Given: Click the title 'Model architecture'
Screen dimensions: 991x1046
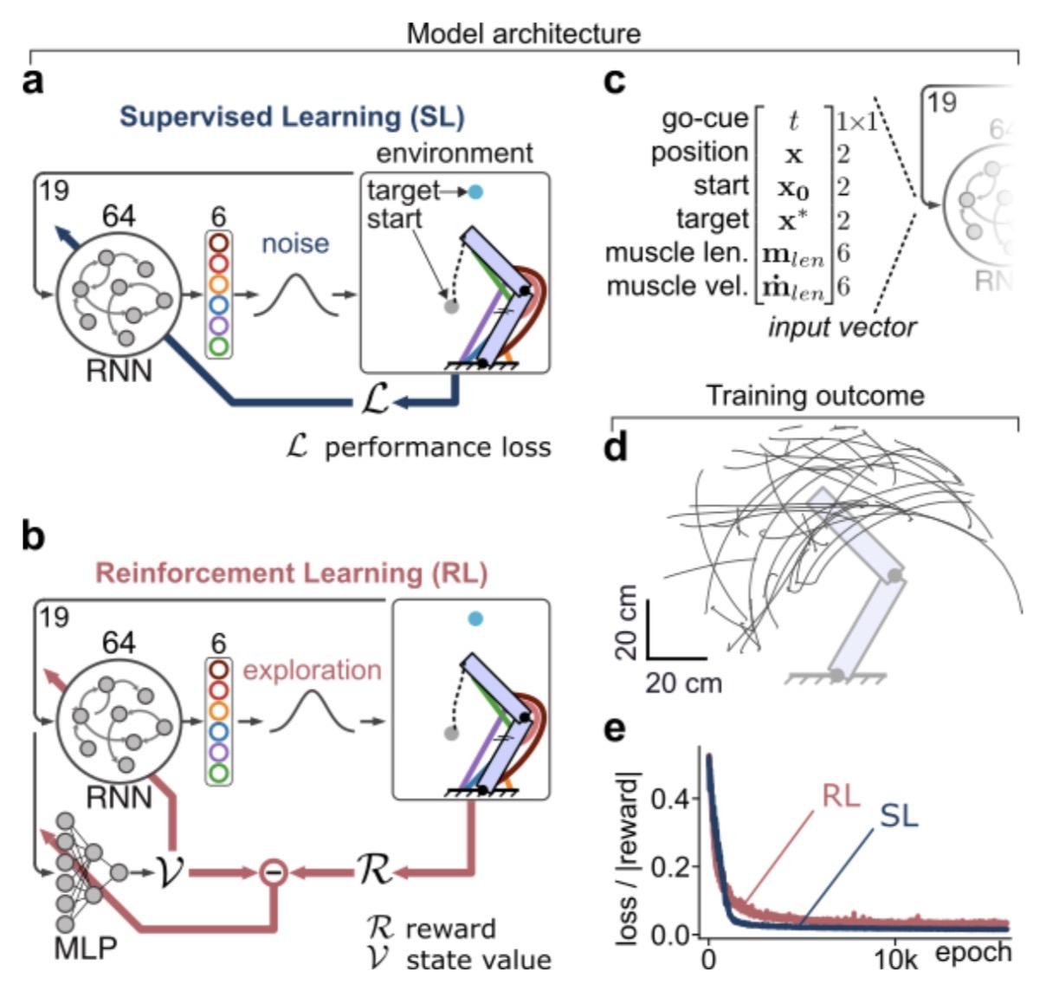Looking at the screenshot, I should click(x=524, y=34).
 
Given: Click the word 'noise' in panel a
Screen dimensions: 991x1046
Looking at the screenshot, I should click(x=295, y=243).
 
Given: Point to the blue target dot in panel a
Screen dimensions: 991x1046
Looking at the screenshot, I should click(x=475, y=191).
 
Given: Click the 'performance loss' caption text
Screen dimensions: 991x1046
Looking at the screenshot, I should click(x=437, y=447).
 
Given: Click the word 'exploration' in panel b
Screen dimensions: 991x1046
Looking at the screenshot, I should click(x=312, y=670).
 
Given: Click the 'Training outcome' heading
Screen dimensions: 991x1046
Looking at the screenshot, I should click(x=815, y=396).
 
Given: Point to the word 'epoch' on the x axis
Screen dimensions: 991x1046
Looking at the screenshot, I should click(x=973, y=951).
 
